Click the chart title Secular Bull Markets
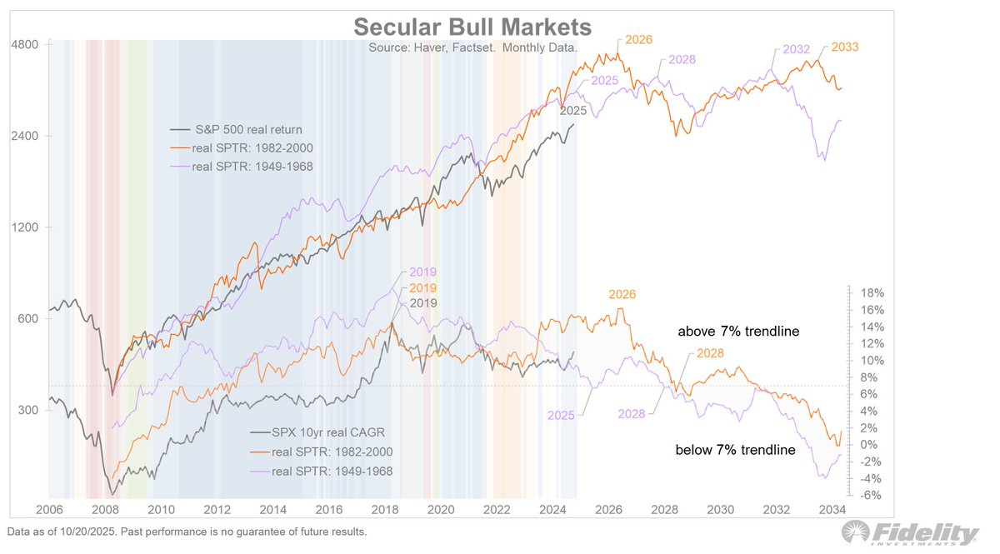472,26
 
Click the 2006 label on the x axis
49,509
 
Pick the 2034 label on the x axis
832,509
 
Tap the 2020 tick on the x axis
441,509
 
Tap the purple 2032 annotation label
796,49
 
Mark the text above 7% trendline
737,332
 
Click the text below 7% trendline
735,450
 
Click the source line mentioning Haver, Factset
472,48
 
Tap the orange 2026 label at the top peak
638,39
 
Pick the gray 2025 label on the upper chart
573,110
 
